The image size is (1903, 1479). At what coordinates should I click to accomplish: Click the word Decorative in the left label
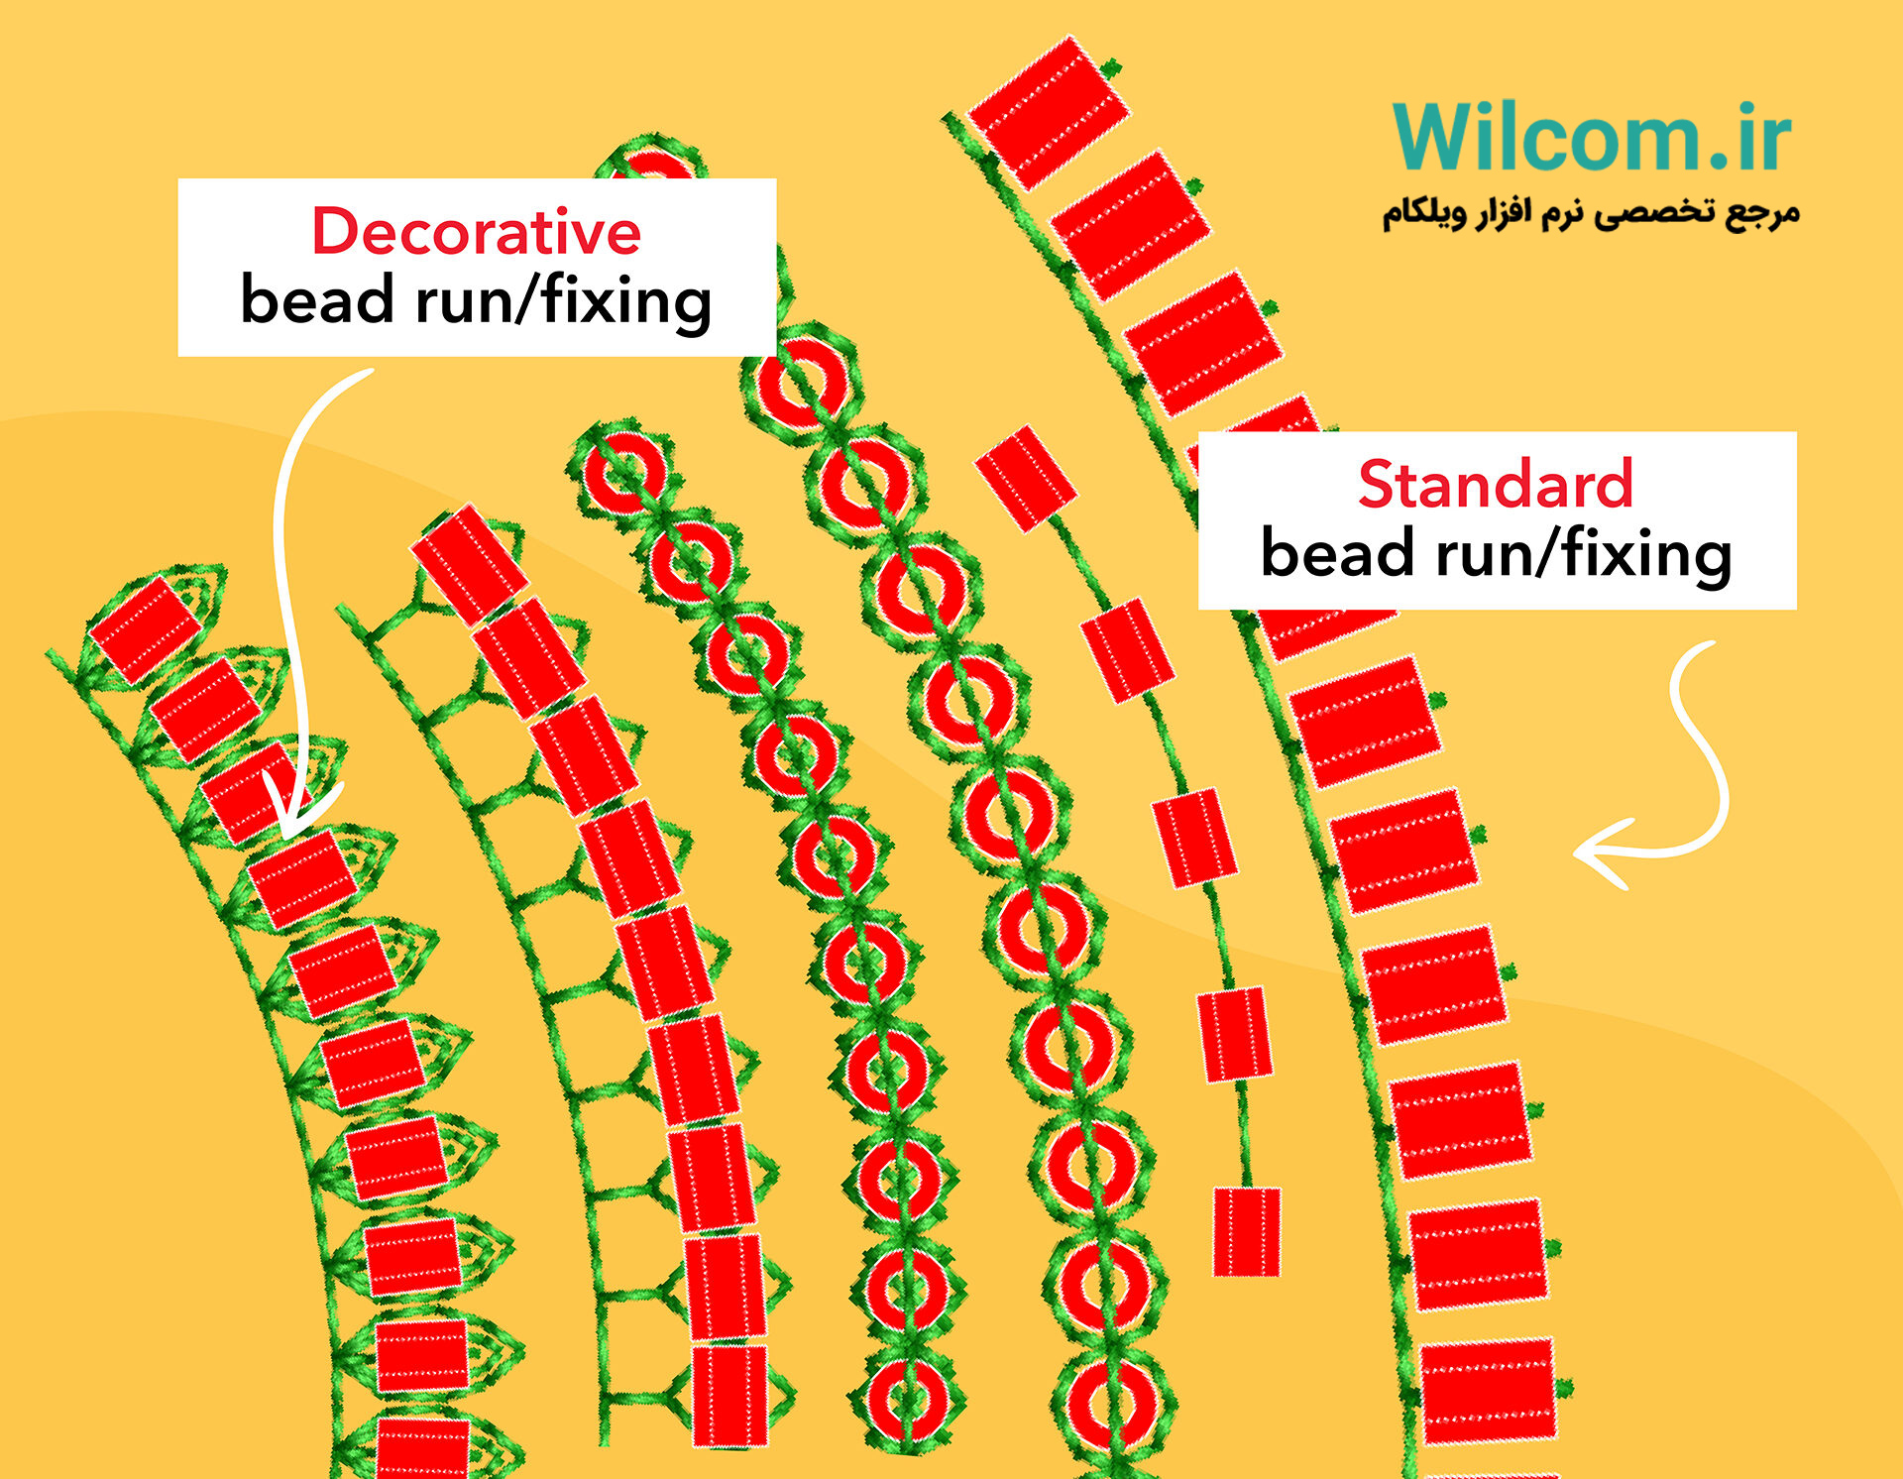pos(476,231)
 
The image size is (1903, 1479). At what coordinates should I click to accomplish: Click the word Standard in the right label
pos(1496,484)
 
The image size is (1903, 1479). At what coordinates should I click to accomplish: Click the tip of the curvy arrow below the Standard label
pos(1576,852)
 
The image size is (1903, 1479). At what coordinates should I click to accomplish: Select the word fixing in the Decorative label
pos(626,301)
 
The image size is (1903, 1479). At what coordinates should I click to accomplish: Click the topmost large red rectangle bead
pos(1049,112)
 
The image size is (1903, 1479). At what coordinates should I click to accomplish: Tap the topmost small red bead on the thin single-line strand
pos(1026,479)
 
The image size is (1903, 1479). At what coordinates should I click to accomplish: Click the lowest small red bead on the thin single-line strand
pos(1247,1231)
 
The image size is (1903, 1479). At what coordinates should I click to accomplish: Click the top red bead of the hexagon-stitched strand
pos(469,564)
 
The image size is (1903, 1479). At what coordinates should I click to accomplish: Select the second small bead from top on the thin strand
pos(1128,650)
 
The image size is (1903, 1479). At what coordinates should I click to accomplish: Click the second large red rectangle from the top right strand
pos(1130,226)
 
